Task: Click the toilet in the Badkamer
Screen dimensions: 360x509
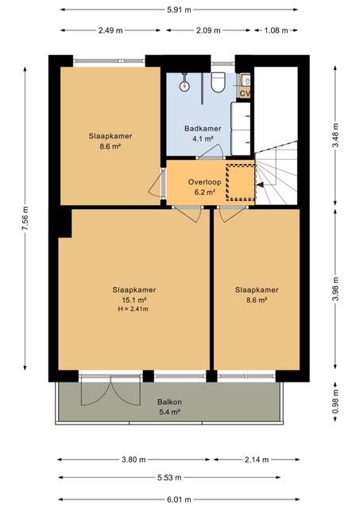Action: [x=218, y=82]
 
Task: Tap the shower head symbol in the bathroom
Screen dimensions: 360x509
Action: [x=184, y=86]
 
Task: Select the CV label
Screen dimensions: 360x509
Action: [x=245, y=94]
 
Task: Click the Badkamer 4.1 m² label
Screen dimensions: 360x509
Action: [x=203, y=134]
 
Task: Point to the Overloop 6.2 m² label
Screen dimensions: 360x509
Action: [x=205, y=187]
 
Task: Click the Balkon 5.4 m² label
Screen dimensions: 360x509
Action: [x=169, y=406]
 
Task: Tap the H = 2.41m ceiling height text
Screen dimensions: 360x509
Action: [x=133, y=309]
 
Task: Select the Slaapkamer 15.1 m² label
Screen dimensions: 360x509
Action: [x=134, y=294]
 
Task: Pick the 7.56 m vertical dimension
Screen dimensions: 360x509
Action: [x=25, y=219]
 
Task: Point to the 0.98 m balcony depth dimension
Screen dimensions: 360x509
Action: [x=335, y=401]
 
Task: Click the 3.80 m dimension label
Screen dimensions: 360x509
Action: [x=134, y=460]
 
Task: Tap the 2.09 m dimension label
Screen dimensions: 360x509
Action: [x=208, y=30]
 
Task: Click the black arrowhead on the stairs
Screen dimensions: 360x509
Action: [x=260, y=185]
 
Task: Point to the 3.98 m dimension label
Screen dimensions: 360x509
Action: [x=335, y=289]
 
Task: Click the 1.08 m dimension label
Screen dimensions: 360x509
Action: [x=276, y=30]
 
